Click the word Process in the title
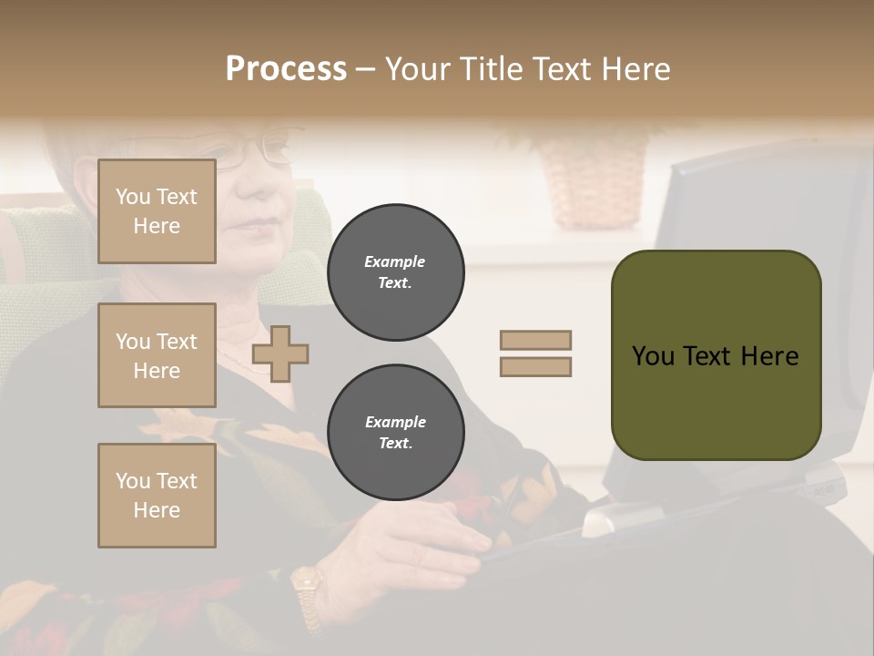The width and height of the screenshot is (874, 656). pyautogui.click(x=286, y=68)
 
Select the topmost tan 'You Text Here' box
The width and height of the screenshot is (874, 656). pyautogui.click(x=157, y=211)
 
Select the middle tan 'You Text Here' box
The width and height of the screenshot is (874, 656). pyautogui.click(x=157, y=355)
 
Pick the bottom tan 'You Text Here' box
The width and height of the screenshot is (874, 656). pyautogui.click(x=157, y=495)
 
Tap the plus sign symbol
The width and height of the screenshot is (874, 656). pyautogui.click(x=280, y=354)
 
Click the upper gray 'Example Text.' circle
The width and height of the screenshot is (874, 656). pyautogui.click(x=395, y=272)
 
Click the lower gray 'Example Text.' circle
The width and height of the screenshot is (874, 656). pyautogui.click(x=395, y=432)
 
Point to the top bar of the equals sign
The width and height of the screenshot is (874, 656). pyautogui.click(x=535, y=340)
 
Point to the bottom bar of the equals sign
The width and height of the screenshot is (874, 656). pyautogui.click(x=535, y=366)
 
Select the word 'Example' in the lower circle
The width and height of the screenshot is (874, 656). pyautogui.click(x=395, y=422)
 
